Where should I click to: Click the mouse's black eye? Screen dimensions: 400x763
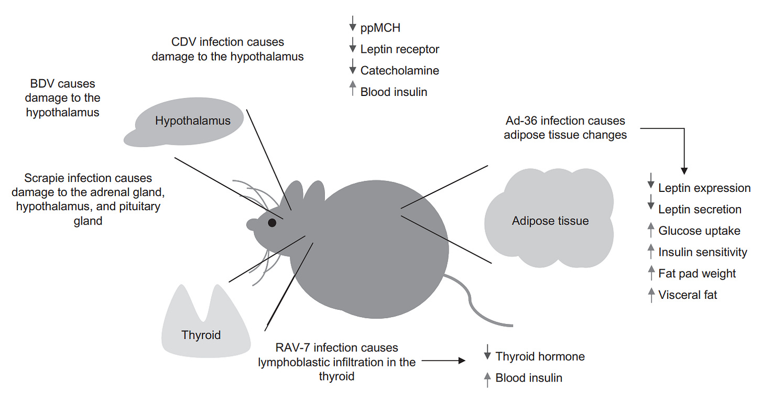coord(272,223)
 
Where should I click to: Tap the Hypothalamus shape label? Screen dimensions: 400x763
coord(192,121)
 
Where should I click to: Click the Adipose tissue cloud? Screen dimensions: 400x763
coord(550,221)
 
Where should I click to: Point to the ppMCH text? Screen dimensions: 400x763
coord(380,28)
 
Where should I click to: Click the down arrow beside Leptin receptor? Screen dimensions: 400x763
coord(353,48)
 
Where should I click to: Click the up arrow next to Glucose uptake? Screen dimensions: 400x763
coord(651,230)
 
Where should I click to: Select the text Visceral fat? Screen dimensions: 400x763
coord(688,295)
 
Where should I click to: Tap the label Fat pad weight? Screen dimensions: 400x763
coord(697,273)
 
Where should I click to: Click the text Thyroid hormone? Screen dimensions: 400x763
coord(540,356)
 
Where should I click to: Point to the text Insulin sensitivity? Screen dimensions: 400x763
coord(702,252)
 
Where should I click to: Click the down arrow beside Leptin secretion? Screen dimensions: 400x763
coord(651,208)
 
